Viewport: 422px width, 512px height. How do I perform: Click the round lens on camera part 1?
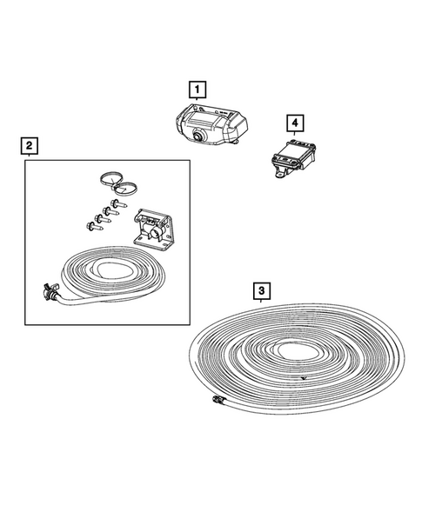point(200,135)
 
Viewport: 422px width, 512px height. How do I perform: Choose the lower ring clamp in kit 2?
point(133,186)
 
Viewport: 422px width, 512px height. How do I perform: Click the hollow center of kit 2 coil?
point(113,269)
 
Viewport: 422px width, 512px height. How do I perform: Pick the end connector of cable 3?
point(216,401)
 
